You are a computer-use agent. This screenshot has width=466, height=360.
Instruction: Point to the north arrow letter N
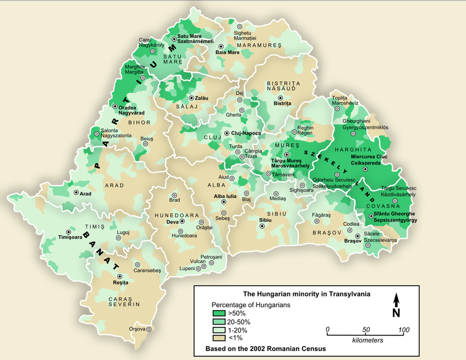(x=396, y=312)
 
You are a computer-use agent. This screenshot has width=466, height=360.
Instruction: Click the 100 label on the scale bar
(x=404, y=330)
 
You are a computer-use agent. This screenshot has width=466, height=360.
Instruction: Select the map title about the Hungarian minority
(x=306, y=295)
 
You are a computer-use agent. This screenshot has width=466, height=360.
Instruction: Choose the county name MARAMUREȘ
(x=259, y=45)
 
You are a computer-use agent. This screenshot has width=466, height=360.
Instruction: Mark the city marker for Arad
(x=76, y=193)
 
